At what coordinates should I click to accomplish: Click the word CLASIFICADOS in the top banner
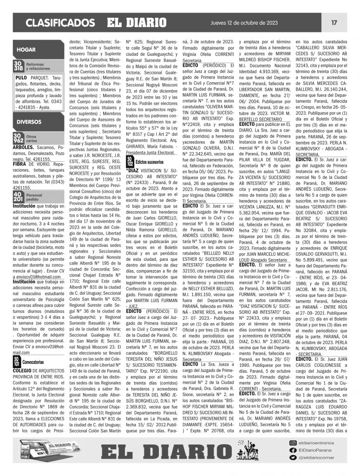click(60, 23)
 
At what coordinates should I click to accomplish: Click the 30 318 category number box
click(18, 66)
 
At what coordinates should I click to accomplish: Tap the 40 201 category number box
click(18, 197)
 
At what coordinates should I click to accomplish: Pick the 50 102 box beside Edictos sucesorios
click(131, 161)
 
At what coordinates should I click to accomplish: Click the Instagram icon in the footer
click(293, 443)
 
